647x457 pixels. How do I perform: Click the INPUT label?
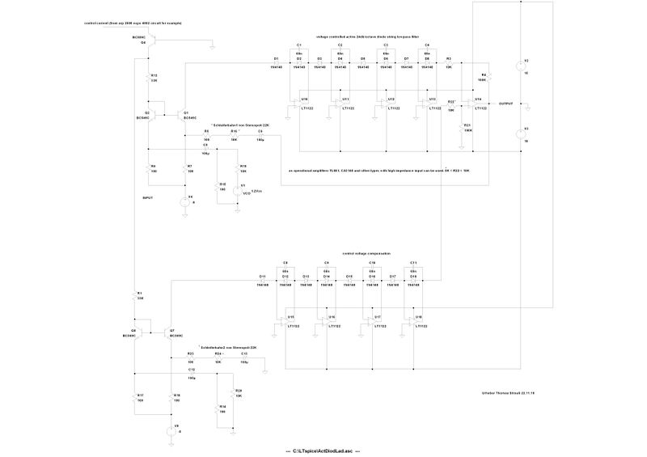pyautogui.click(x=147, y=197)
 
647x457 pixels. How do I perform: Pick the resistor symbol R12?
pyautogui.click(x=149, y=79)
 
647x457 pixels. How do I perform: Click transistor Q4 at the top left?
pyautogui.click(x=149, y=44)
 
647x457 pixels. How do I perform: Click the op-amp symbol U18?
pyautogui.click(x=414, y=322)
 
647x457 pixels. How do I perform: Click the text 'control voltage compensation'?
pyautogui.click(x=366, y=253)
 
